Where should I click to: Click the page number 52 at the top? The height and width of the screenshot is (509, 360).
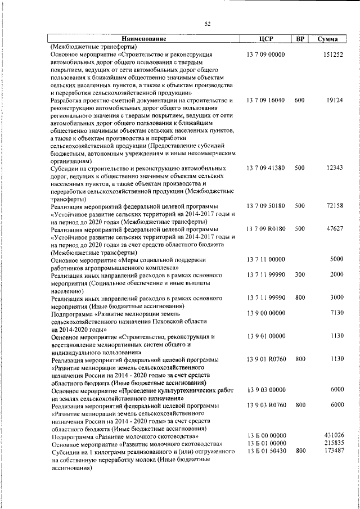point(207,24)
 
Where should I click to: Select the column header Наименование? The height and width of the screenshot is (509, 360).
point(143,39)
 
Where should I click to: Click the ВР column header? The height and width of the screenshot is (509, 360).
point(300,39)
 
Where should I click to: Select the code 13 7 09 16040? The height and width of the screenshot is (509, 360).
point(266,100)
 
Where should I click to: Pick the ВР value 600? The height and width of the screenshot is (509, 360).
point(299,100)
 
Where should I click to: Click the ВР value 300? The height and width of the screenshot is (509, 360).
point(299,274)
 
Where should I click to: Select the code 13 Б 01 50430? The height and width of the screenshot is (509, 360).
point(266,451)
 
